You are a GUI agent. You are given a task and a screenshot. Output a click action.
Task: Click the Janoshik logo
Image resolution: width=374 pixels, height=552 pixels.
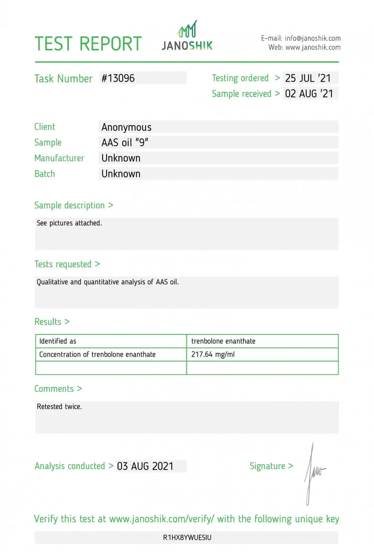click(x=187, y=37)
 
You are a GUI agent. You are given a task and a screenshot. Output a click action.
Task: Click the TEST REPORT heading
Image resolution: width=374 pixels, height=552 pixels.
click(x=88, y=44)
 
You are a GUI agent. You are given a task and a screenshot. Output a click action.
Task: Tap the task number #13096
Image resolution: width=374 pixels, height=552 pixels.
click(x=118, y=78)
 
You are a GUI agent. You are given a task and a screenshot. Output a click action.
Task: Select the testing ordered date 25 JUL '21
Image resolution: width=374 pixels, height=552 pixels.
click(x=308, y=78)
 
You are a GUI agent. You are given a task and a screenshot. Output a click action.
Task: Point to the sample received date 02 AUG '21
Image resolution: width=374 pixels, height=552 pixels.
click(x=309, y=93)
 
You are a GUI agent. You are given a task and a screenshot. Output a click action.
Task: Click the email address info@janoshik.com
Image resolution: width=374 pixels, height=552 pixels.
click(x=313, y=38)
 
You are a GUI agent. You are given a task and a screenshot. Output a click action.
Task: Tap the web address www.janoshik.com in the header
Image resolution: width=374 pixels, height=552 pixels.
click(x=313, y=47)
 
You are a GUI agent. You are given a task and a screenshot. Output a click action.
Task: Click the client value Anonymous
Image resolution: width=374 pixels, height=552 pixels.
click(x=127, y=127)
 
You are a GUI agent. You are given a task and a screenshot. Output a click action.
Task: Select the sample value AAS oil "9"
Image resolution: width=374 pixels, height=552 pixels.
click(x=125, y=142)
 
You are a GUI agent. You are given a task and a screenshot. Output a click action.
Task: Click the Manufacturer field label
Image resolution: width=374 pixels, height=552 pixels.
click(x=59, y=158)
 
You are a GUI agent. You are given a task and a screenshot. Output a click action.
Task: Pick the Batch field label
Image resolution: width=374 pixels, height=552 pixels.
click(x=44, y=174)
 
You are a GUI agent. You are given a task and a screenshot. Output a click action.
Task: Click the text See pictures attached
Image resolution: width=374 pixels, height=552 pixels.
click(x=69, y=223)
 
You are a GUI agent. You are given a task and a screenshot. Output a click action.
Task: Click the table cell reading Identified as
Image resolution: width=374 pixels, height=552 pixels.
click(x=58, y=341)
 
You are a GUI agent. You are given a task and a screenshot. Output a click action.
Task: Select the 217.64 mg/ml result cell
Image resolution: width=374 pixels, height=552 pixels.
click(x=213, y=354)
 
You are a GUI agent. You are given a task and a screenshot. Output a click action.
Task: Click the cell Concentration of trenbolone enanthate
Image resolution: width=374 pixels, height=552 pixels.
click(x=98, y=354)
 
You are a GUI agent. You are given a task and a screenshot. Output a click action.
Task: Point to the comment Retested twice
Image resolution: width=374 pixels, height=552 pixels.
click(x=59, y=407)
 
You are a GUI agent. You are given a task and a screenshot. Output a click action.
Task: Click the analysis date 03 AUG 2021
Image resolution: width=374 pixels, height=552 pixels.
click(x=145, y=466)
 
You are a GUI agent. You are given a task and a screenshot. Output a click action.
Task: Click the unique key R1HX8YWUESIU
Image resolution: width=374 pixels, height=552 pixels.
click(x=187, y=538)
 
